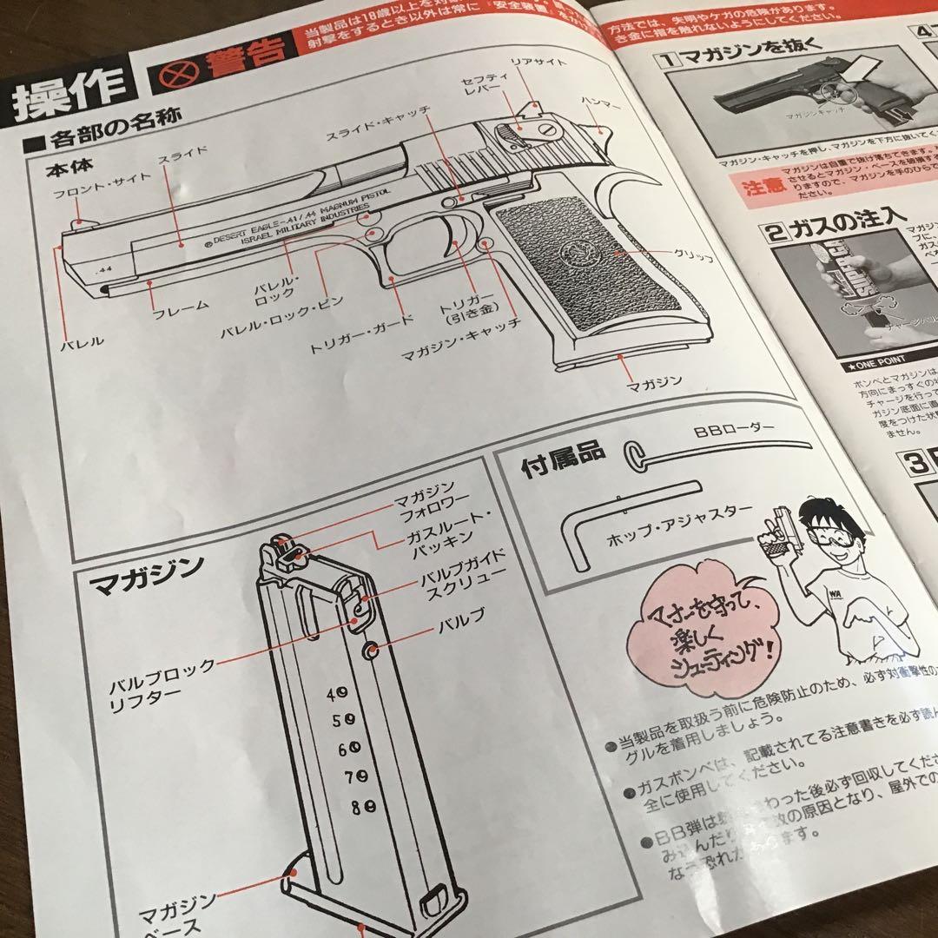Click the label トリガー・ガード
pyautogui.click(x=361, y=346)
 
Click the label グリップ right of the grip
pyautogui.click(x=692, y=258)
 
